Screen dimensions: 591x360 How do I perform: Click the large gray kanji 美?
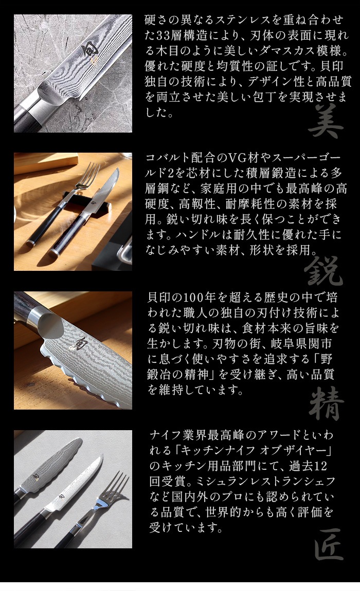pos(325,121)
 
